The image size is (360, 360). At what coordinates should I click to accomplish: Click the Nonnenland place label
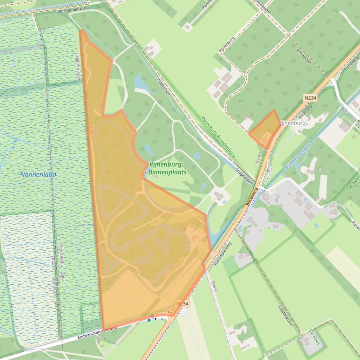point(38,174)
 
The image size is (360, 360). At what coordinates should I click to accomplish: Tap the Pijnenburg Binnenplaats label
point(167,168)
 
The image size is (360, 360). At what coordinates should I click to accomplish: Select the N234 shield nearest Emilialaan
point(309,97)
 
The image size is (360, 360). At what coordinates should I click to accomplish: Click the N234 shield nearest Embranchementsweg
point(183,304)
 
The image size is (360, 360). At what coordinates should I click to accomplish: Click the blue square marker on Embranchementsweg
point(149,320)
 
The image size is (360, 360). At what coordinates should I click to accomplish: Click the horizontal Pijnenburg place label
point(292,123)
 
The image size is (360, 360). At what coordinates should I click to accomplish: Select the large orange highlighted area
point(140,234)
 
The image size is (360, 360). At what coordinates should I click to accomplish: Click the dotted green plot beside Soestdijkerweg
point(230,266)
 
